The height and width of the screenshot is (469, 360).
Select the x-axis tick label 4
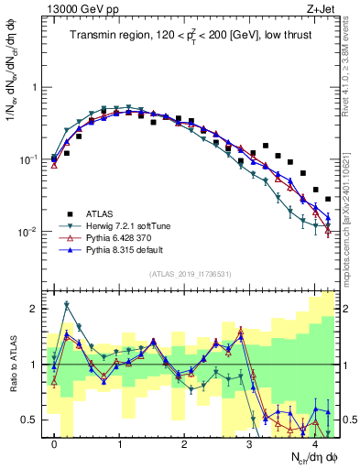(314, 446)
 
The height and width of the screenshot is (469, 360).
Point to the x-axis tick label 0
(55, 446)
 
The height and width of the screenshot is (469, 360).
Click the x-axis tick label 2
(184, 446)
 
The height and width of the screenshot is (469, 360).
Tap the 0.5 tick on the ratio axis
(32, 420)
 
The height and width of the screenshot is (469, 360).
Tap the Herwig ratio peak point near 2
(67, 304)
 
